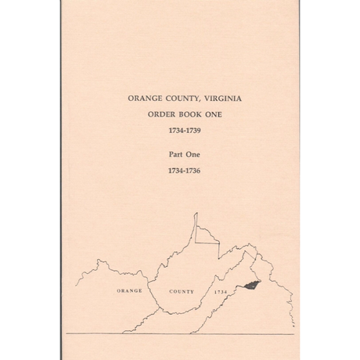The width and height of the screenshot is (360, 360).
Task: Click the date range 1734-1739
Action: (179, 129)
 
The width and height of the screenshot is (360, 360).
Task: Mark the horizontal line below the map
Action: (179, 334)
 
